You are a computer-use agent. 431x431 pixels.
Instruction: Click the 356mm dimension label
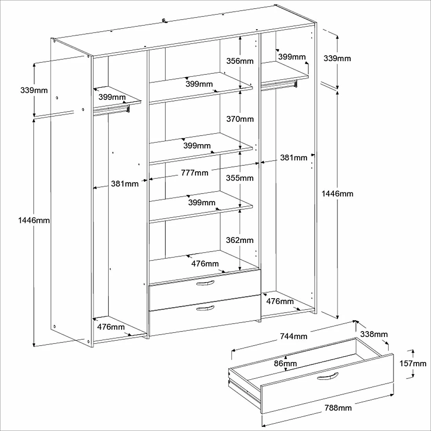tap(240, 61)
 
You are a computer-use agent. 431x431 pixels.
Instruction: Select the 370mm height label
tap(240, 119)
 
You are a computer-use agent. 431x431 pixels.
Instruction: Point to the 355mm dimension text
tap(240, 178)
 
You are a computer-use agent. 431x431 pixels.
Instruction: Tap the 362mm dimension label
tap(240, 240)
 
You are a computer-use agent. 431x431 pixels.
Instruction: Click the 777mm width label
tap(195, 173)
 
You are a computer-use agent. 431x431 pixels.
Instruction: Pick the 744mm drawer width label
tap(293, 336)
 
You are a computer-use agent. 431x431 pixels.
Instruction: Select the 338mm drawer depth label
tap(373, 334)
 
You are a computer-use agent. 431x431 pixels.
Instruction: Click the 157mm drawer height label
tap(413, 364)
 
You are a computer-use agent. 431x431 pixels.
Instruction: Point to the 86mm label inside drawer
tap(285, 363)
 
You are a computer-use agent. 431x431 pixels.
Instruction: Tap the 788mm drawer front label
tap(338, 408)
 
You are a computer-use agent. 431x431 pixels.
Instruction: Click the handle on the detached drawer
tap(327, 377)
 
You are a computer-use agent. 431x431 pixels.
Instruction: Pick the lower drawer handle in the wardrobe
tap(205, 309)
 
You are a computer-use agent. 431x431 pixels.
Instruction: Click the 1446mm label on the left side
tap(34, 220)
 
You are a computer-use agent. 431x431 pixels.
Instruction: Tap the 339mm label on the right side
tap(337, 58)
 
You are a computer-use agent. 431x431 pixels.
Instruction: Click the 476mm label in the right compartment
tap(280, 301)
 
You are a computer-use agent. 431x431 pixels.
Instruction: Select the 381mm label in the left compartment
tap(125, 183)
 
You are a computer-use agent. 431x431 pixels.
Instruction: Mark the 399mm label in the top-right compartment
tap(292, 57)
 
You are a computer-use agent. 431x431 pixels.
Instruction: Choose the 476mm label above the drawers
tap(205, 264)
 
